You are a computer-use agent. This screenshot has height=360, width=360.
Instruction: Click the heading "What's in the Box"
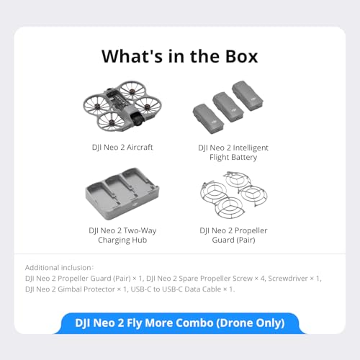click(x=179, y=55)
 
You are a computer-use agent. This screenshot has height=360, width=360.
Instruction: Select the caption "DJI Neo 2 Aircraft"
click(x=127, y=147)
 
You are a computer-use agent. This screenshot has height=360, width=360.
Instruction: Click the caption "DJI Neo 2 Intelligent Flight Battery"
click(x=232, y=152)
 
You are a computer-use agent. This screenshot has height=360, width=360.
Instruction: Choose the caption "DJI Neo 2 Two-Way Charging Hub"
click(x=127, y=235)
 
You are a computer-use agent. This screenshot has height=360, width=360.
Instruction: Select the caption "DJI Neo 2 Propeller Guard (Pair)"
click(x=232, y=235)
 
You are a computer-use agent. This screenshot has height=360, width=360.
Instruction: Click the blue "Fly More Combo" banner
click(x=179, y=323)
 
